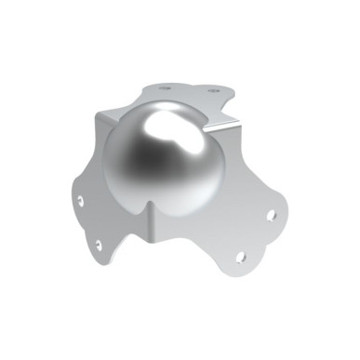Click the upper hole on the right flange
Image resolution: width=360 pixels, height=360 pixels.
[271, 215]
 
